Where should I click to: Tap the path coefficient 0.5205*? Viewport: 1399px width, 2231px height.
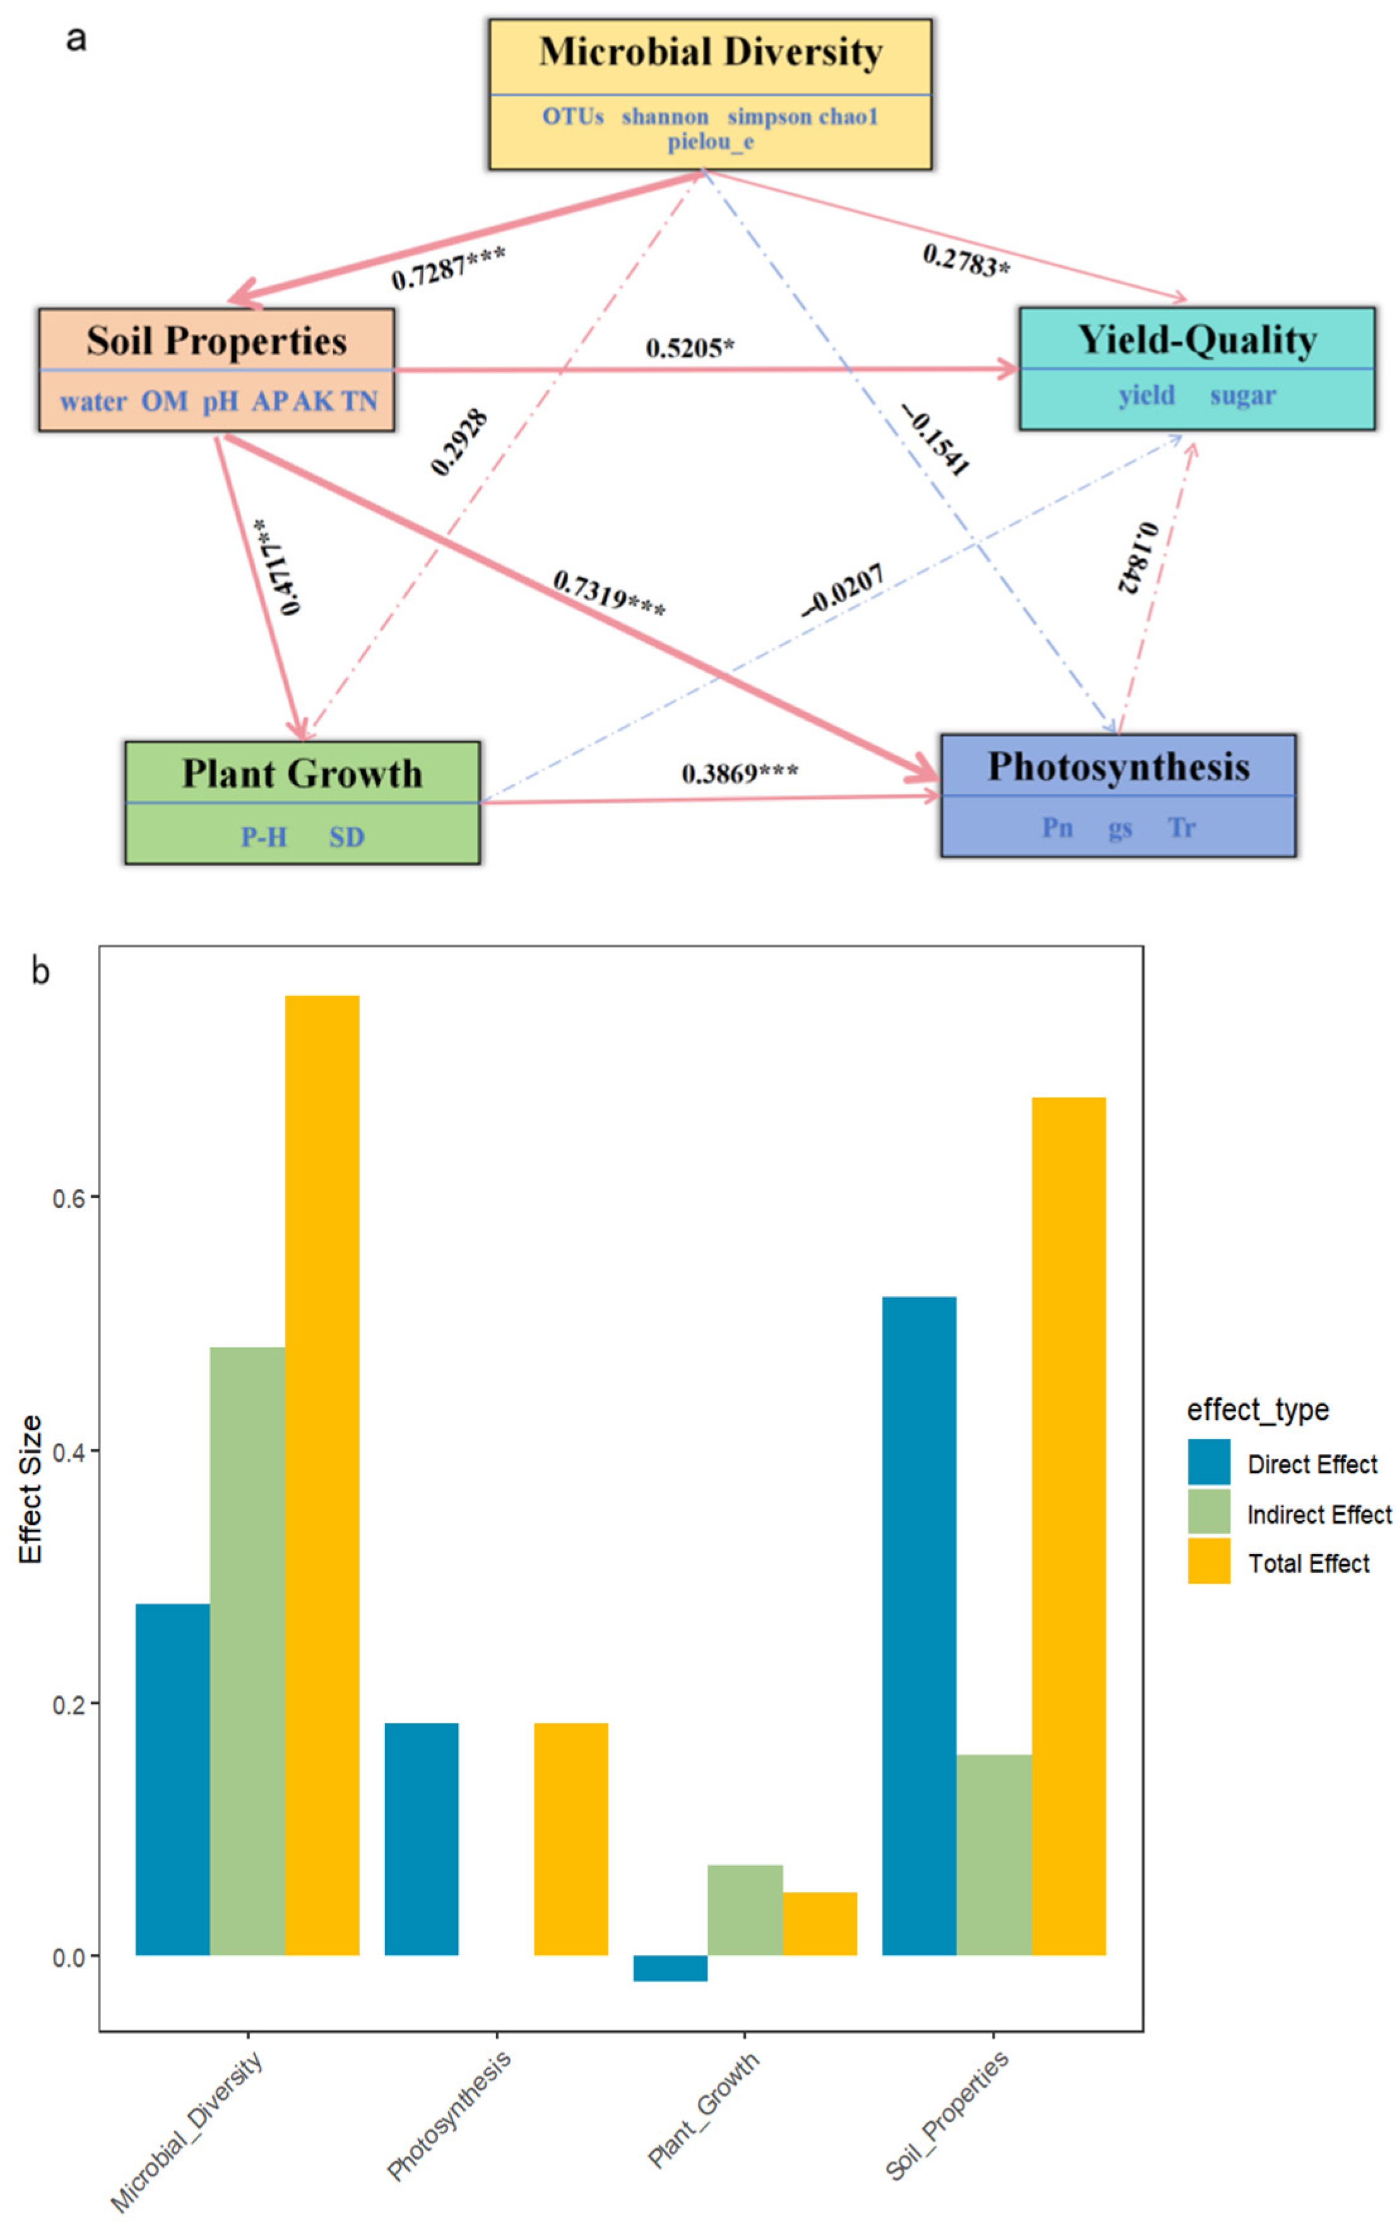tap(689, 348)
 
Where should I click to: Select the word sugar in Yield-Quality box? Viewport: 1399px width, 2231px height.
tap(1242, 396)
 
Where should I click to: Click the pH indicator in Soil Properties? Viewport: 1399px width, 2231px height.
tap(220, 401)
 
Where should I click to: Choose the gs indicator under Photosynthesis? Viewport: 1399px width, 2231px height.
tap(1119, 828)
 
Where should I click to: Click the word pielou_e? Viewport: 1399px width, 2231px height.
tap(710, 141)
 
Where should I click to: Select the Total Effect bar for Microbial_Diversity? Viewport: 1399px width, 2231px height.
tap(322, 1476)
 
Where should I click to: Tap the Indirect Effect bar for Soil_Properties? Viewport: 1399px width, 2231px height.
tap(994, 1855)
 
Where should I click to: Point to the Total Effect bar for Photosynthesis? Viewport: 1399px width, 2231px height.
tap(571, 1840)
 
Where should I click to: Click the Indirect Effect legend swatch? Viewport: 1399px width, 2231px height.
tap(1208, 1513)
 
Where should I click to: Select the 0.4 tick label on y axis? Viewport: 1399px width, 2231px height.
tap(69, 1452)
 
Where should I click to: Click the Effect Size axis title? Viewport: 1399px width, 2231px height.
tap(30, 1490)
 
